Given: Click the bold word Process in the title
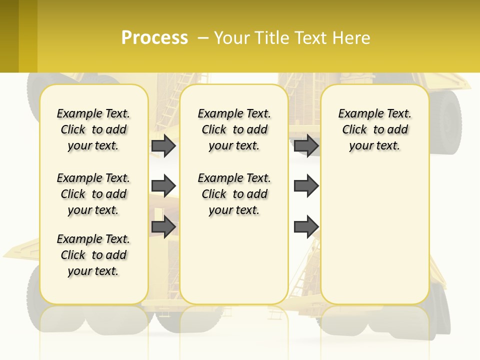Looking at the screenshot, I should (154, 38).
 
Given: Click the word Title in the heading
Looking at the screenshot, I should (272, 38).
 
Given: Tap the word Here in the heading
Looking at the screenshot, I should (352, 38).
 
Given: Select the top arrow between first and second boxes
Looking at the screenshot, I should (163, 146).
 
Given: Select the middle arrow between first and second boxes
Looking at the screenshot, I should (163, 186).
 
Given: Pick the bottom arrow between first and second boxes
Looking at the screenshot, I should (163, 226).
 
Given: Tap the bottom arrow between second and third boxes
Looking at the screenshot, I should (306, 227).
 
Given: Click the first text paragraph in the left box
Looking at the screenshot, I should (93, 130).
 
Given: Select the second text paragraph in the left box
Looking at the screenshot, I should (93, 194).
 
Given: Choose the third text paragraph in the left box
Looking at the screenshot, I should (93, 255).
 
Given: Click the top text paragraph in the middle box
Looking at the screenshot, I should (234, 130).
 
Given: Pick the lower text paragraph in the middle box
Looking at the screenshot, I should (234, 194).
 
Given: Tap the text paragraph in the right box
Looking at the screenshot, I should (374, 130).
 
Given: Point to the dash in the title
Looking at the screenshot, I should (203, 38).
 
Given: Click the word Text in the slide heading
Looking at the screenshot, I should (312, 38).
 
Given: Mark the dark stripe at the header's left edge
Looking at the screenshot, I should (9, 36).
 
